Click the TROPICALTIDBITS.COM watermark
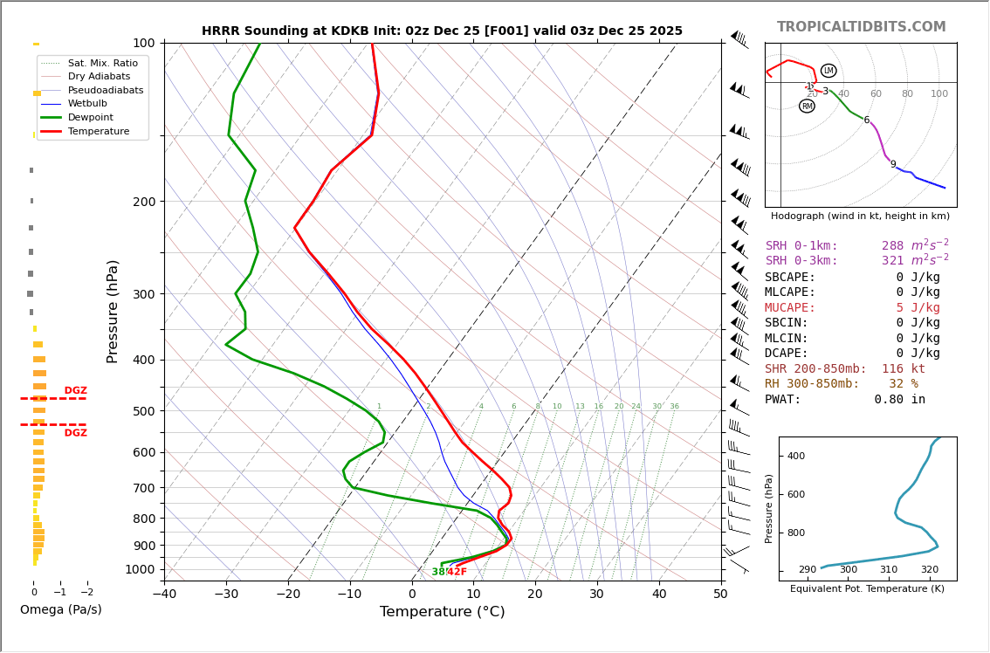click(x=861, y=27)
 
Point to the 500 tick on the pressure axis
click(x=143, y=411)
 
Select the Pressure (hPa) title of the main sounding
click(x=113, y=311)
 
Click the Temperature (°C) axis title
click(x=442, y=612)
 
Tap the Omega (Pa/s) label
click(x=60, y=609)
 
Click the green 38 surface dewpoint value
click(x=438, y=573)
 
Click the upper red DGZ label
click(x=75, y=391)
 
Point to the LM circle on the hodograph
click(x=828, y=71)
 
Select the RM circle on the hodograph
click(x=807, y=107)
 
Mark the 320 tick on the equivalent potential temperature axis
click(x=929, y=570)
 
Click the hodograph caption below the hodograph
click(x=860, y=216)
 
